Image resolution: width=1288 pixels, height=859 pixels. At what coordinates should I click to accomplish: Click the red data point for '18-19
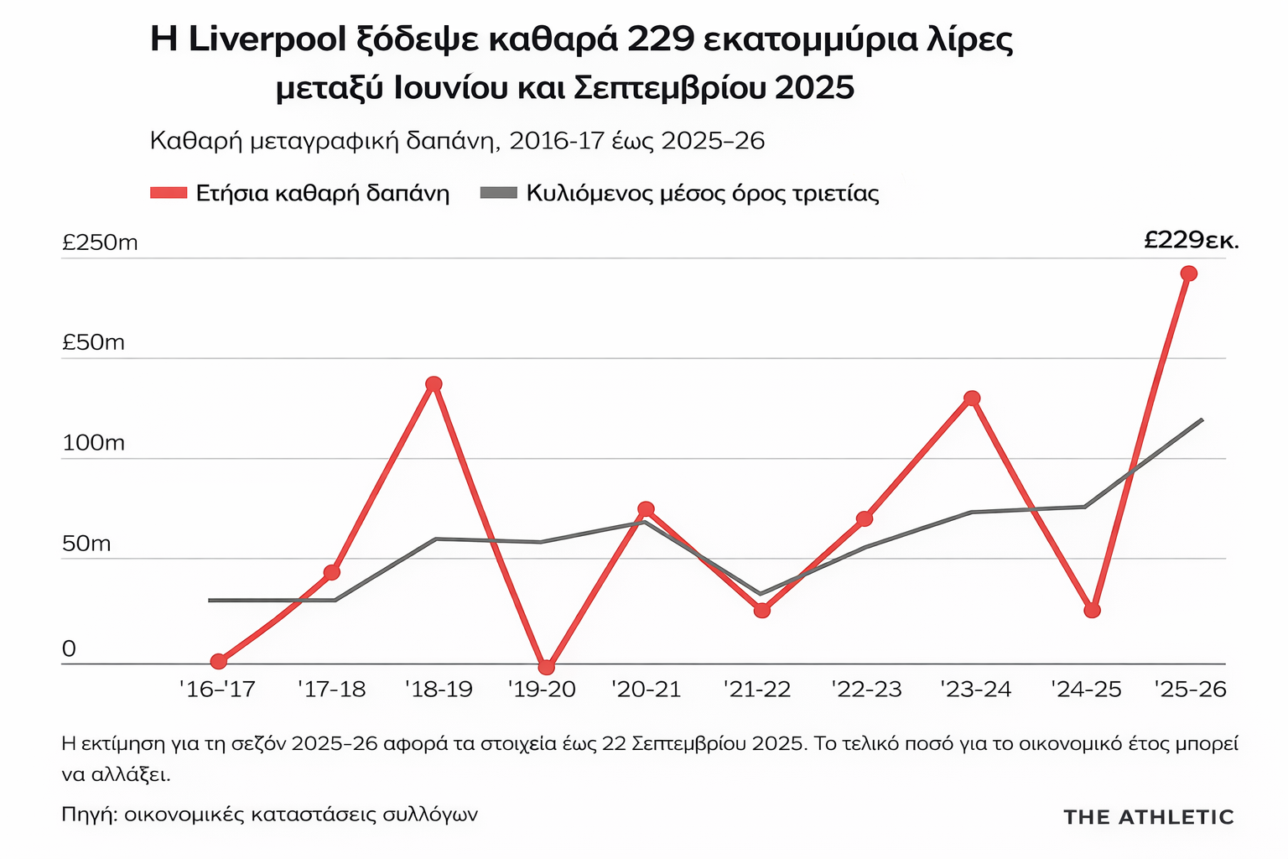(434, 384)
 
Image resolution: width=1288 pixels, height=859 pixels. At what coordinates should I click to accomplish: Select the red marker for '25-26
(1188, 273)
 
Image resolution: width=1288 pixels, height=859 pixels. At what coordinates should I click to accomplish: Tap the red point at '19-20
(547, 667)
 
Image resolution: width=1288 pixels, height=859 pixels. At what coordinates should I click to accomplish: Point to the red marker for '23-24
(972, 398)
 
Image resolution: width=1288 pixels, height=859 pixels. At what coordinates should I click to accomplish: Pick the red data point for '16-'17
(219, 661)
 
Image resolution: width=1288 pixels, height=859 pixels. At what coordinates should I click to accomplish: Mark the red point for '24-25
(1092, 610)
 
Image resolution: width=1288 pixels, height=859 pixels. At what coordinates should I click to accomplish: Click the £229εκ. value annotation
(1191, 241)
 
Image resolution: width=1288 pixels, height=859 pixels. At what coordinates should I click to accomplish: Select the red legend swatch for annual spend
(168, 194)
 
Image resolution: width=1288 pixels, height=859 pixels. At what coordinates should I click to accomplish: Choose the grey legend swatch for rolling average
(499, 194)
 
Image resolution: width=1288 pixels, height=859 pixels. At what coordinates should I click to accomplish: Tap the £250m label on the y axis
(100, 243)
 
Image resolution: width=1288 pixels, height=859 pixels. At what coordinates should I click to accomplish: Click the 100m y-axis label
(93, 443)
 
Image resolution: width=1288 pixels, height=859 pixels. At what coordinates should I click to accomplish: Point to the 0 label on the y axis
(69, 649)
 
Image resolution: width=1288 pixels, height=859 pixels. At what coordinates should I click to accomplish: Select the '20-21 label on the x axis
(646, 690)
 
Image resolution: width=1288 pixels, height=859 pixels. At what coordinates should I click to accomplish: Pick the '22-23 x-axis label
(866, 690)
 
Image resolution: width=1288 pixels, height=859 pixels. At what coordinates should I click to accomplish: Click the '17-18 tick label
(332, 690)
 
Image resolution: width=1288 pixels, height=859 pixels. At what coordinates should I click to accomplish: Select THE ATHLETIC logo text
(1148, 817)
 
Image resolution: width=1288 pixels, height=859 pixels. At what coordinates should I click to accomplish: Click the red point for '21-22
(761, 610)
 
